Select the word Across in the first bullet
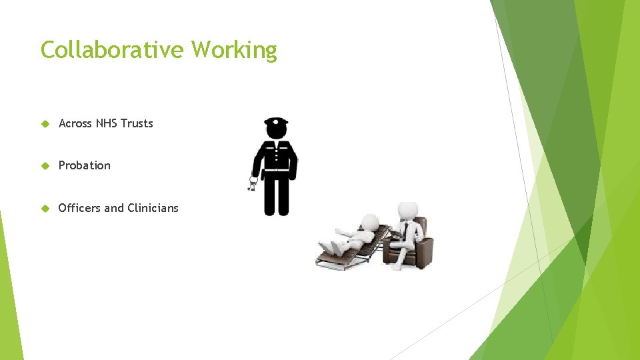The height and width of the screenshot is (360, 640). (75, 123)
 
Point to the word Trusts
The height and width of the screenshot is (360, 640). (137, 123)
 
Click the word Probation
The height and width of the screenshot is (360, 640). (85, 165)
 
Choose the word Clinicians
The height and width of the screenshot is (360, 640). (153, 208)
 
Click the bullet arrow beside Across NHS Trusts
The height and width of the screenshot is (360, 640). (45, 124)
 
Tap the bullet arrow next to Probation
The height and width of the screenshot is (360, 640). (45, 166)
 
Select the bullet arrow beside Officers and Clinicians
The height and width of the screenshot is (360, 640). (45, 209)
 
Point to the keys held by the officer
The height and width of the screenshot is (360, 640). (253, 183)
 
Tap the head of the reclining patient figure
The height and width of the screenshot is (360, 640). (368, 222)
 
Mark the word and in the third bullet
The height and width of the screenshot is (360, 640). (114, 208)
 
